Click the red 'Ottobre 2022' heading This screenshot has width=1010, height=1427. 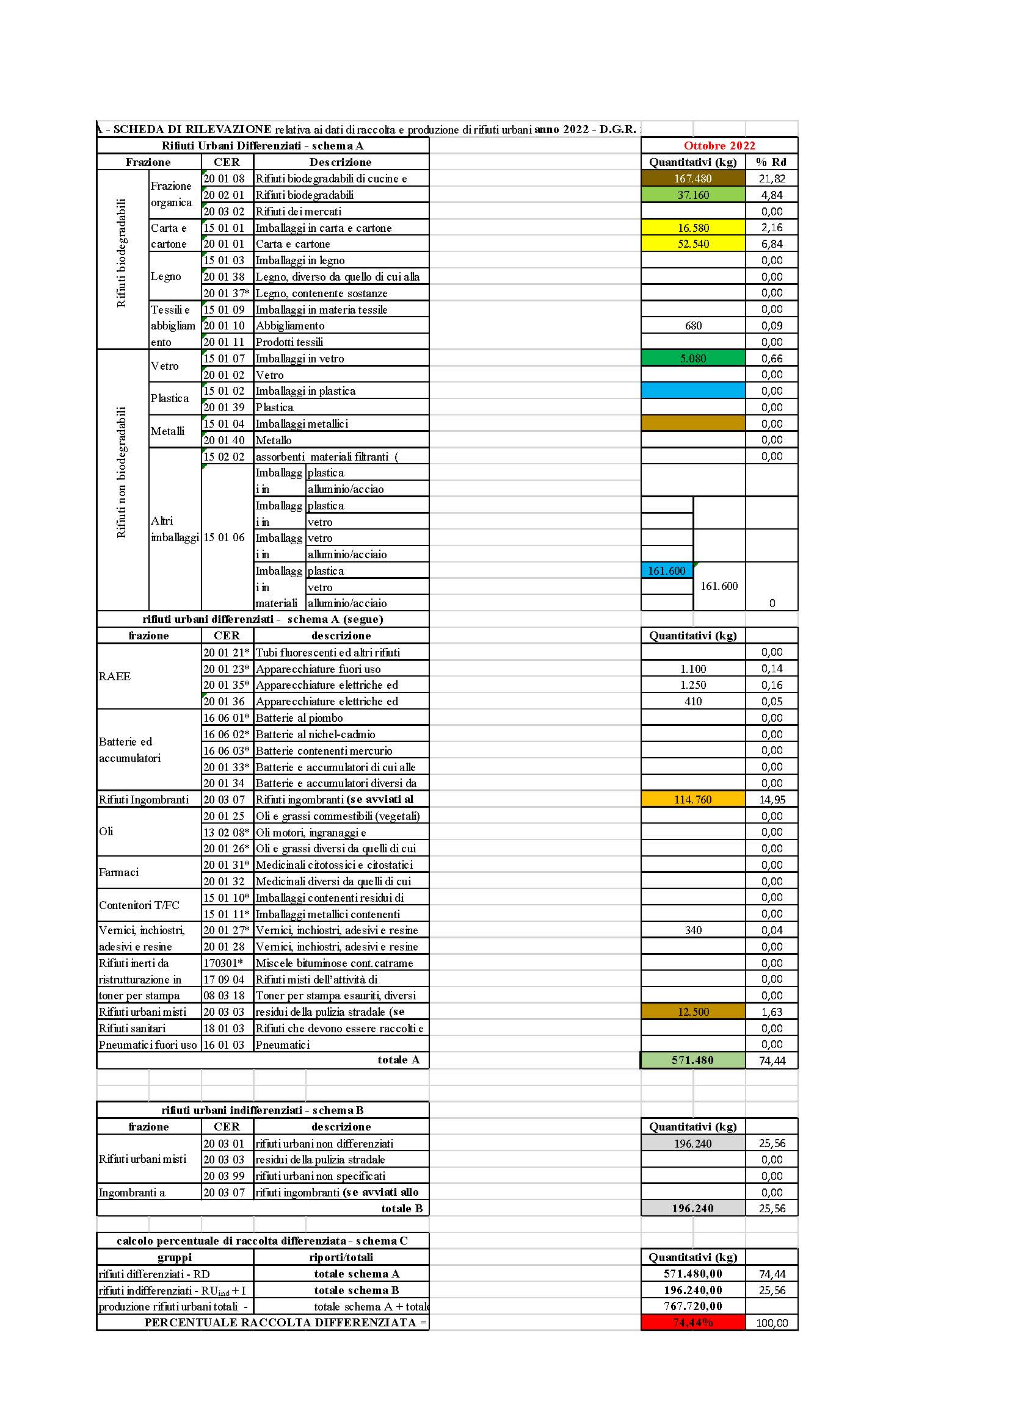pos(719,145)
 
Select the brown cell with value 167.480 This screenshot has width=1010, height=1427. pos(693,178)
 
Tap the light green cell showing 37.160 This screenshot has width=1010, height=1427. pos(693,195)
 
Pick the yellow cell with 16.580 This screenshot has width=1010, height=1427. pos(693,228)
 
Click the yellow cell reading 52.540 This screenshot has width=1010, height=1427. pos(693,243)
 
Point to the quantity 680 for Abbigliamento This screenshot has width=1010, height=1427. pos(693,326)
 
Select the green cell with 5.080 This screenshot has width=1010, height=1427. pos(693,358)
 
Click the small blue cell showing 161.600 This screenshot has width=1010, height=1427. pos(667,570)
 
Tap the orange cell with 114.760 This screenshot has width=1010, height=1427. pos(693,799)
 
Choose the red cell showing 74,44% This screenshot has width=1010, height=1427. pos(693,1323)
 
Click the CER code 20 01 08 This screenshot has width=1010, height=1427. pos(225,178)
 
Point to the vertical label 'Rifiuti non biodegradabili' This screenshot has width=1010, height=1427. pos(122,472)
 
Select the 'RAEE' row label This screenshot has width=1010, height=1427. pos(115,676)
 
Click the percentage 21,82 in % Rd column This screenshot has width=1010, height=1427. pos(772,178)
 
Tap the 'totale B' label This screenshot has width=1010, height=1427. pos(401,1208)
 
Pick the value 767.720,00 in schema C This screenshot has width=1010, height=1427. pos(693,1306)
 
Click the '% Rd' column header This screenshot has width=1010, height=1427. pos(771,162)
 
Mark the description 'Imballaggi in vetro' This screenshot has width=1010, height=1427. pos(300,358)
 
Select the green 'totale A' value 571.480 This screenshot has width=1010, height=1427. pos(693,1060)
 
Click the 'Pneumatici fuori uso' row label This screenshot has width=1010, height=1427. pos(147,1044)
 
